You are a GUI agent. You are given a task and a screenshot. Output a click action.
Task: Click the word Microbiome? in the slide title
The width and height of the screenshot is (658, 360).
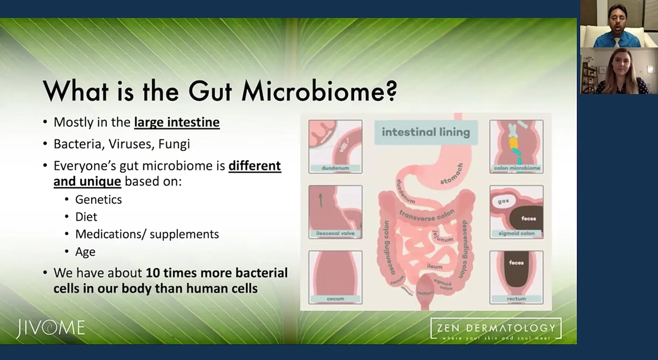(x=319, y=92)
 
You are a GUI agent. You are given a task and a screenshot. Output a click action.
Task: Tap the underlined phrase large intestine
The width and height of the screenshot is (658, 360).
(x=177, y=122)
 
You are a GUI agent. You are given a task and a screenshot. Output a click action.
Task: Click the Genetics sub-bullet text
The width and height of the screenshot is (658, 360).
(x=98, y=200)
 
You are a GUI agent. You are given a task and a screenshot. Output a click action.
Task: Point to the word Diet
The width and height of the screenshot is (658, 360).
(x=86, y=217)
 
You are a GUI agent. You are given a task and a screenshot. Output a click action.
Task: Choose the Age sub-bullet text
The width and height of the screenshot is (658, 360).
(x=85, y=252)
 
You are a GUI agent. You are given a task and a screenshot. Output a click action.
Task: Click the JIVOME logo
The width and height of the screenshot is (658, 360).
(x=50, y=328)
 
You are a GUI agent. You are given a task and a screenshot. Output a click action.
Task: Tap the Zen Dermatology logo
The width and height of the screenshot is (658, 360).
(x=496, y=329)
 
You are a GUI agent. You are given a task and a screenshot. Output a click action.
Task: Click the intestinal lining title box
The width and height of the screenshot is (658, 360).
(x=426, y=132)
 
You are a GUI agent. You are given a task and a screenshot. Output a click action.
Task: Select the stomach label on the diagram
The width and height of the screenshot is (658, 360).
(x=452, y=174)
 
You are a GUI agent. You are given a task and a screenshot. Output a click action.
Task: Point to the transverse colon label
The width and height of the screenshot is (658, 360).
(x=426, y=215)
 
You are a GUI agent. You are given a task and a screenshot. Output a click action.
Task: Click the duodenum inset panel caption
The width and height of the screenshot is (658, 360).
(x=335, y=168)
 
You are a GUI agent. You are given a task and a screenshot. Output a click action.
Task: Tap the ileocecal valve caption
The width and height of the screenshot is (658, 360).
(x=335, y=233)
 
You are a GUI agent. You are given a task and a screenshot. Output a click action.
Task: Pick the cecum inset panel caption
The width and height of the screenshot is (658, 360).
(x=335, y=299)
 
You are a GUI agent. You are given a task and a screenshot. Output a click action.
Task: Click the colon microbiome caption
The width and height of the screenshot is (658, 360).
(x=517, y=168)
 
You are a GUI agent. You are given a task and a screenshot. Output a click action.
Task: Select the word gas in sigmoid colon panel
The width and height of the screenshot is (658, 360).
(x=503, y=201)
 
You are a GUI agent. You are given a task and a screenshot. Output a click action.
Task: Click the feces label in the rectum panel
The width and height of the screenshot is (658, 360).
(x=516, y=263)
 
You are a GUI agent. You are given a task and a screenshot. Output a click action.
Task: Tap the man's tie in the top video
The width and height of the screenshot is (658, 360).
(x=616, y=42)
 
